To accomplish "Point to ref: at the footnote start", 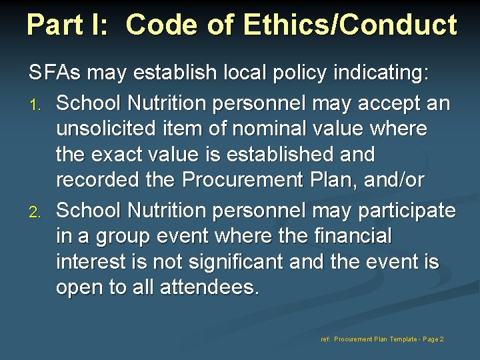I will (x=325, y=339).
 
